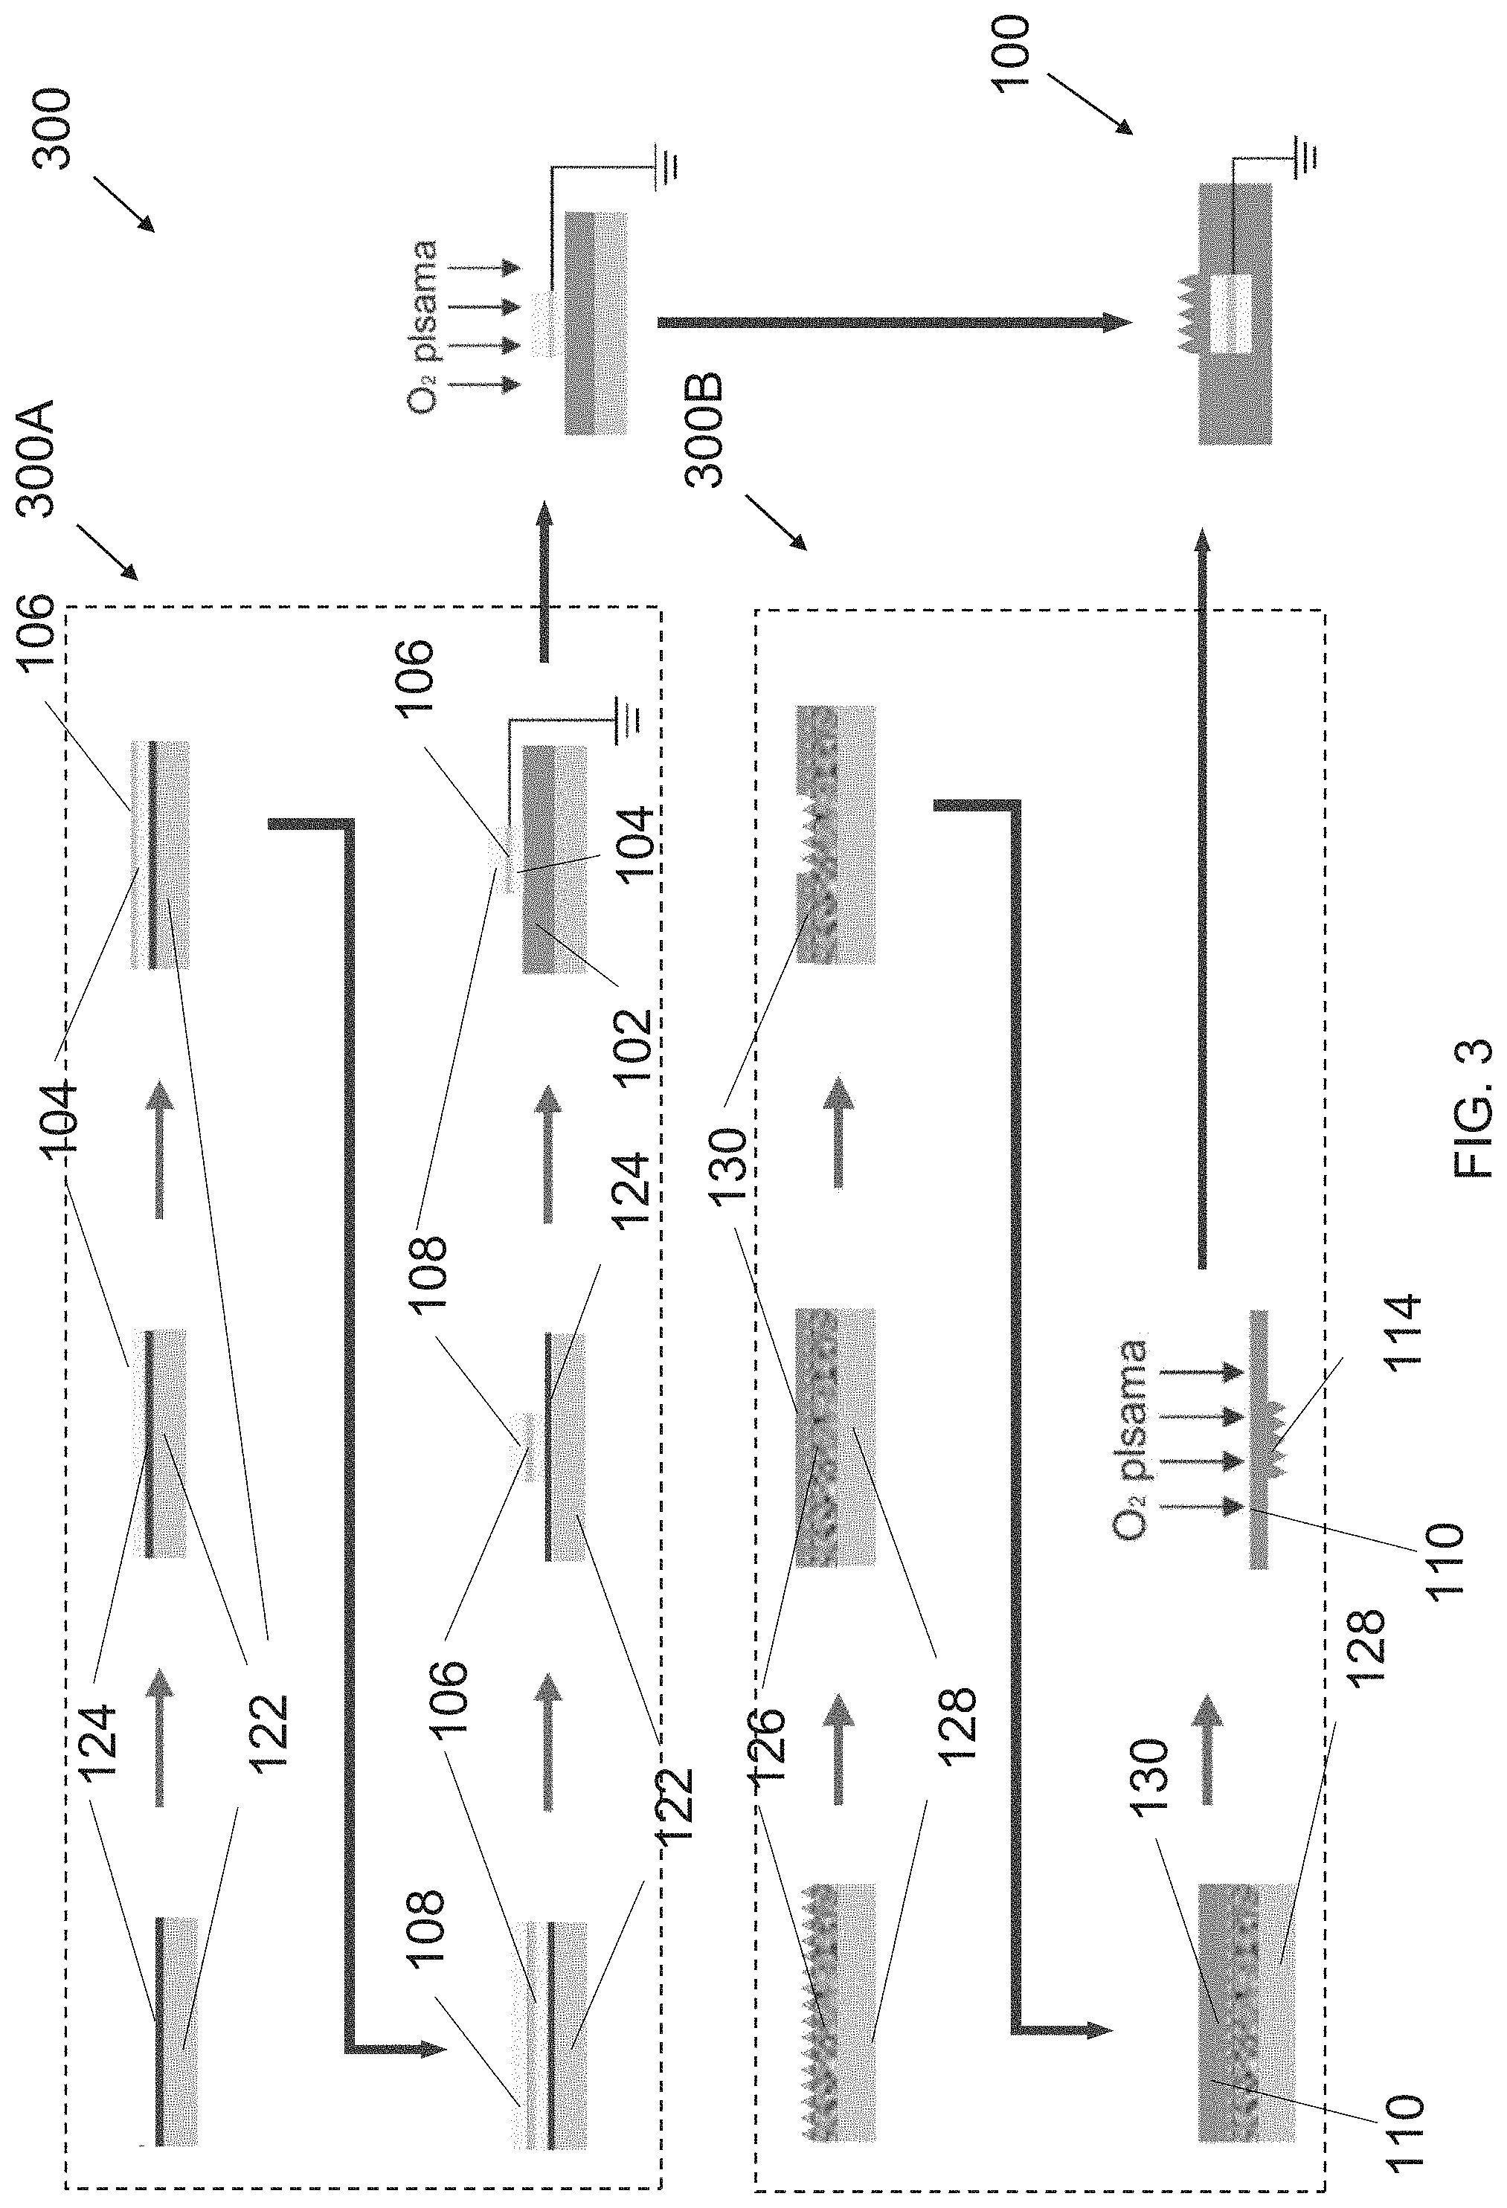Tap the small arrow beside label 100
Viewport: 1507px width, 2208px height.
(1090, 106)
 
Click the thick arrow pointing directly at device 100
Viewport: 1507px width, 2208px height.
(894, 323)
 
